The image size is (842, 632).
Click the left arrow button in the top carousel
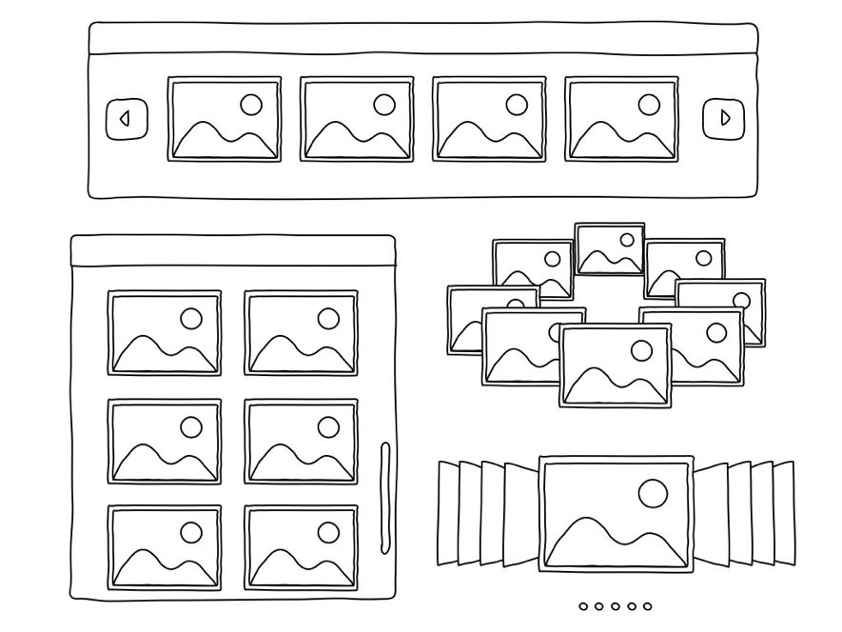pos(126,119)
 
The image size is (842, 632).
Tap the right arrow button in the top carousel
pos(724,119)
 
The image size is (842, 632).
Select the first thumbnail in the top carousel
pos(225,119)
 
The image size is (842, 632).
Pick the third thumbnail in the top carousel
pos(489,119)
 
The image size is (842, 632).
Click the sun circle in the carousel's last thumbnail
pos(649,104)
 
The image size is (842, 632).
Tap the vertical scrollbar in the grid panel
pos(384,496)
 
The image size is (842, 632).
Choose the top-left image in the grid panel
pos(165,333)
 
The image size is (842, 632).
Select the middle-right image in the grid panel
pos(302,441)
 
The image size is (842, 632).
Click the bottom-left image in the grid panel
pos(165,547)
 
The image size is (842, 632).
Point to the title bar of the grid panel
pos(233,251)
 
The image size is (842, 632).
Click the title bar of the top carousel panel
pos(423,39)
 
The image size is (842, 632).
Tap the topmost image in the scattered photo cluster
pos(610,249)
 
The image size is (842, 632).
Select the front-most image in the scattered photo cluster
pos(615,365)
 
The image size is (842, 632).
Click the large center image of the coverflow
pos(616,514)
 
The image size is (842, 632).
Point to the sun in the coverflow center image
pos(653,493)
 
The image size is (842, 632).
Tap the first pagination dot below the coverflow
pos(583,605)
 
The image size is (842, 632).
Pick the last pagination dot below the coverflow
pos(647,605)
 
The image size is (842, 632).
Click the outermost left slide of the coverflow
pos(448,512)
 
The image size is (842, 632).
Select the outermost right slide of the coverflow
pos(784,512)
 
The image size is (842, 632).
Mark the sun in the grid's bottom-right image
pos(328,532)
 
